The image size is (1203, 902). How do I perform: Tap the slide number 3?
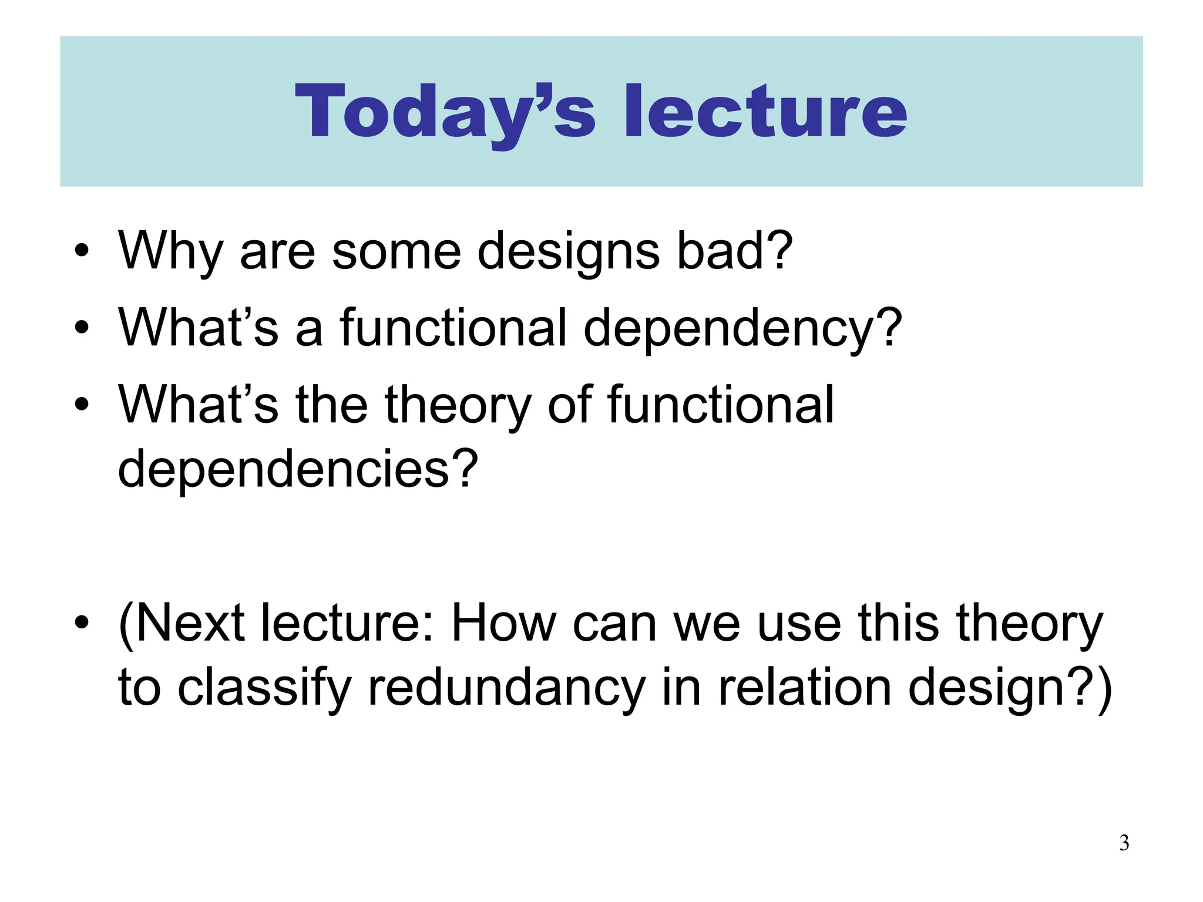tap(1124, 843)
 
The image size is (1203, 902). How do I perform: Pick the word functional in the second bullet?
tap(452, 327)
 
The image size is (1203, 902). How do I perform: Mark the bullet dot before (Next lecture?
tap(82, 624)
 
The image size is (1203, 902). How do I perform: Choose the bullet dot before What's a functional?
tap(82, 328)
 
